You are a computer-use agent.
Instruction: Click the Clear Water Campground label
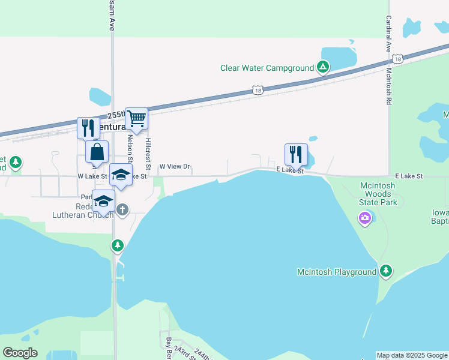click(x=267, y=68)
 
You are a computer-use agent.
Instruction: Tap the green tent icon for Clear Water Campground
click(x=323, y=67)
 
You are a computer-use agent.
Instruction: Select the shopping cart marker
click(x=136, y=119)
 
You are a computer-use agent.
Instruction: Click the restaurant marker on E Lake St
click(x=295, y=154)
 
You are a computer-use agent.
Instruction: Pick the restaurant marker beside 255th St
click(x=88, y=128)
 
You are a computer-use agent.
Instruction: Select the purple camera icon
click(x=365, y=218)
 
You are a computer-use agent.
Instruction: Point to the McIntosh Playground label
click(x=337, y=272)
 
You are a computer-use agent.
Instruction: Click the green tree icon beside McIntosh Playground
click(x=387, y=272)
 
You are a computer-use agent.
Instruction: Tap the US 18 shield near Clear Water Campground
click(x=258, y=91)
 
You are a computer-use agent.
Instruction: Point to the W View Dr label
click(x=174, y=167)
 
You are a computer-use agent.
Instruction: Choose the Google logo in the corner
click(x=20, y=353)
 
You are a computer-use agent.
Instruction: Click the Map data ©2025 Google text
click(x=412, y=355)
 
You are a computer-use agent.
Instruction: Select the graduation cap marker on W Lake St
click(x=121, y=175)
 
